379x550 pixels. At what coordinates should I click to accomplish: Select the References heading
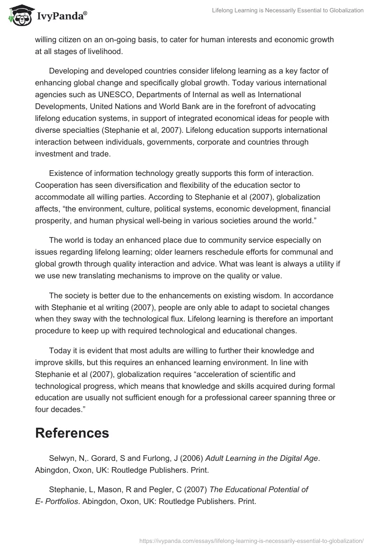[72, 432]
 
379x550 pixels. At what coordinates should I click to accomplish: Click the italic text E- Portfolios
[56, 501]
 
